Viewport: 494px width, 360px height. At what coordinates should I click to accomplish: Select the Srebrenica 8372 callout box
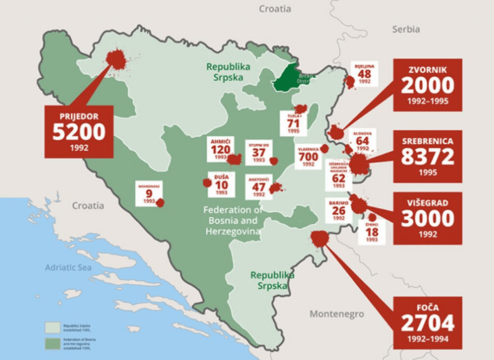[427, 156]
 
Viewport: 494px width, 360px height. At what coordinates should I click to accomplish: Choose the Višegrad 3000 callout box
[427, 218]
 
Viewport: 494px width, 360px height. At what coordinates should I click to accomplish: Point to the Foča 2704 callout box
[427, 322]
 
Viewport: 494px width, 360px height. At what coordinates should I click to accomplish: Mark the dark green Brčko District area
[289, 78]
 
